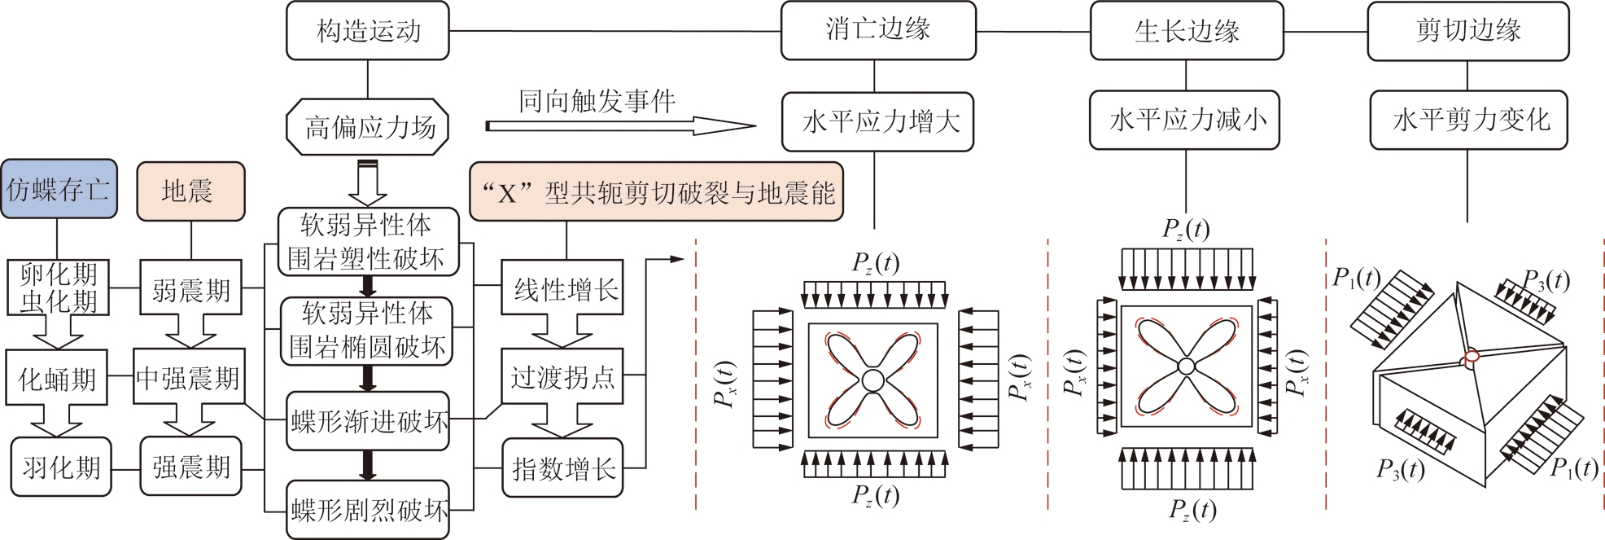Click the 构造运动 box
coord(368,31)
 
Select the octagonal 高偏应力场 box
coord(368,127)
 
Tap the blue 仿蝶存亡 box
coord(58,190)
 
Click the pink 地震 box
coord(190,191)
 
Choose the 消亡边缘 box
coord(877,31)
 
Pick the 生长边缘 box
coord(1186,31)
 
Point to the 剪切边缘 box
coord(1467,31)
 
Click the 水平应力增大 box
coord(877,122)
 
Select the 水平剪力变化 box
coord(1468,121)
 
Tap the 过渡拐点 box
coord(562,377)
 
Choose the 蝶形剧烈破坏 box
coord(368,511)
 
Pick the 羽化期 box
coord(61,468)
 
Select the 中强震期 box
coord(188,378)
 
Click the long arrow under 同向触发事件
coord(620,126)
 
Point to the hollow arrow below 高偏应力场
coord(367,183)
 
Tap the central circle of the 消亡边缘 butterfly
coord(872,380)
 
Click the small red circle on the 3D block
coord(1471,359)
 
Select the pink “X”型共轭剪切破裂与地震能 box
coord(656,192)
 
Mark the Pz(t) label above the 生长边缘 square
coord(1185,230)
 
